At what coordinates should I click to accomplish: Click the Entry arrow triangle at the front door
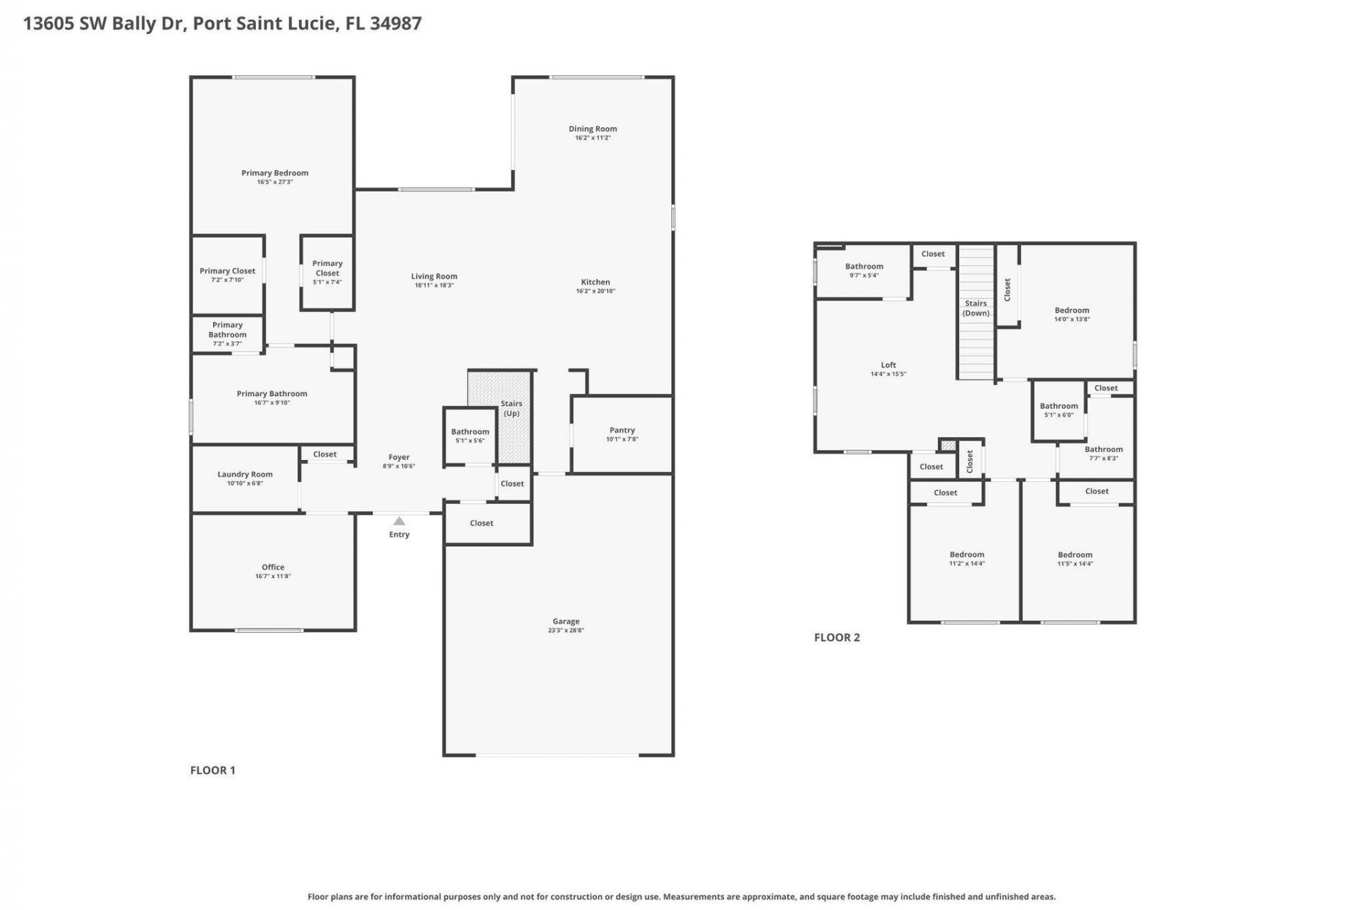[399, 521]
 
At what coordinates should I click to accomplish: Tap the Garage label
[565, 621]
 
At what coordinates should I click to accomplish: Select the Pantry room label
[622, 430]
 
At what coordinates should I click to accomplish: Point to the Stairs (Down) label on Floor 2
[975, 308]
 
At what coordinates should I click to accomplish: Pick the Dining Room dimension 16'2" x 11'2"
[592, 138]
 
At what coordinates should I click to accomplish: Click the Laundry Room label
[244, 474]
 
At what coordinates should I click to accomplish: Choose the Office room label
[273, 567]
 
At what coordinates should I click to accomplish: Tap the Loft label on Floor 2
[888, 365]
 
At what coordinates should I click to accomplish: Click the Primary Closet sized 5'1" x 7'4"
[327, 272]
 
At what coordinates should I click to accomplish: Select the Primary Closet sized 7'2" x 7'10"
[227, 274]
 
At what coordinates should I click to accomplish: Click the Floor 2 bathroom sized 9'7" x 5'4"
[864, 270]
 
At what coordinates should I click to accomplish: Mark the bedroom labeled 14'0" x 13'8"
[1071, 314]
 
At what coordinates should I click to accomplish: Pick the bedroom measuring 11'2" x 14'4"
[967, 559]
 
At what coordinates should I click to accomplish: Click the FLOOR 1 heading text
[212, 770]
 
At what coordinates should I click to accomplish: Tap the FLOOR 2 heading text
[837, 637]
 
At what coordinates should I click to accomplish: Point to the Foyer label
[399, 457]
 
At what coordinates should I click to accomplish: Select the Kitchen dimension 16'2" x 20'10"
[595, 291]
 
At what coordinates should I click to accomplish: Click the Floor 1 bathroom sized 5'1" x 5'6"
[470, 436]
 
